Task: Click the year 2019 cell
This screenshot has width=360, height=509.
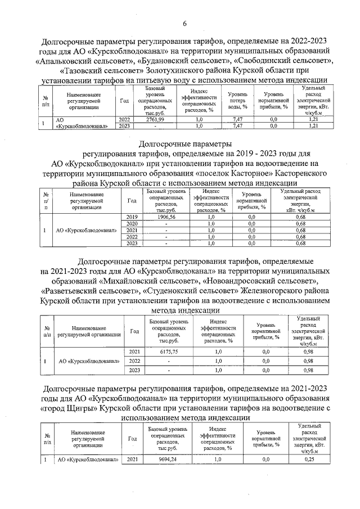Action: [x=132, y=217]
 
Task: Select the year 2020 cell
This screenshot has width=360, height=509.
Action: [x=132, y=223]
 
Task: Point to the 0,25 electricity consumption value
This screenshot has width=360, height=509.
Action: [x=308, y=460]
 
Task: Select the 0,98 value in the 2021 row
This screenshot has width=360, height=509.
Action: [x=308, y=351]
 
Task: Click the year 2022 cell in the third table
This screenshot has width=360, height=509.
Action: [x=135, y=361]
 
